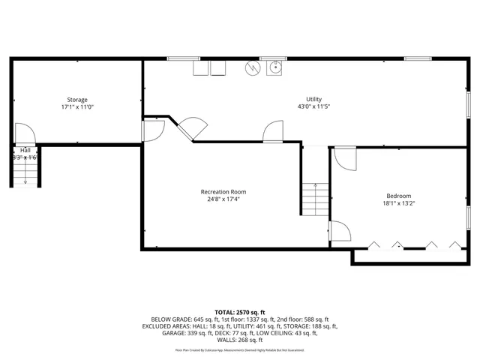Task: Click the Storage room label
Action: (x=77, y=100)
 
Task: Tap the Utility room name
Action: (x=313, y=100)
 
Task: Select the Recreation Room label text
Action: (x=223, y=192)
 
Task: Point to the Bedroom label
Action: (x=398, y=196)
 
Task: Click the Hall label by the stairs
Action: (x=25, y=150)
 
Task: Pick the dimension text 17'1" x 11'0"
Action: (x=77, y=107)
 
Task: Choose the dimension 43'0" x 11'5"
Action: (x=313, y=107)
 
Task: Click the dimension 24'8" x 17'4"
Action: (x=223, y=199)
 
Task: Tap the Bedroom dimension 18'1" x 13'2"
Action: (x=398, y=203)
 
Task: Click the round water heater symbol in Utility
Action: (x=253, y=67)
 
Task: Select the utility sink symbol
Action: (x=275, y=68)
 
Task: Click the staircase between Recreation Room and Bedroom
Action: (x=315, y=200)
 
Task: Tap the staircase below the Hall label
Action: (x=25, y=174)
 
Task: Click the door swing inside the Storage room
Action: (x=23, y=133)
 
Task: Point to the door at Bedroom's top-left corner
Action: (x=343, y=157)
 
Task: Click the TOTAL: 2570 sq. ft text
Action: (x=240, y=312)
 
